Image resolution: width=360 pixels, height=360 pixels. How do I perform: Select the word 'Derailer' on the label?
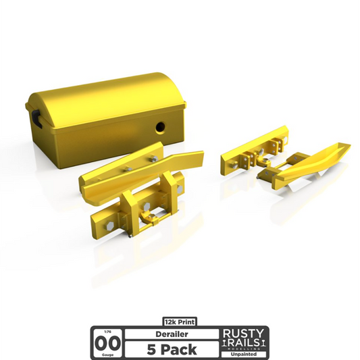click(167, 334)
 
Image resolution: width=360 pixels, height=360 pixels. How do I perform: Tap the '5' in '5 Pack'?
click(150, 349)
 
